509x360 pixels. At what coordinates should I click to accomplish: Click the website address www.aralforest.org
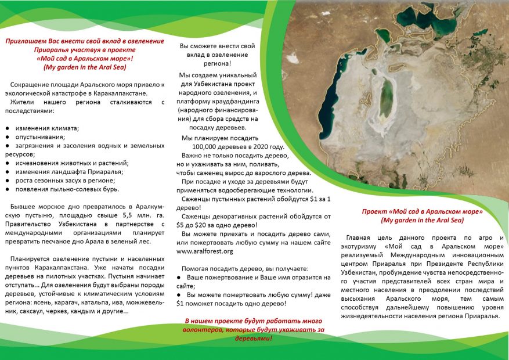pyautogui.click(x=204, y=251)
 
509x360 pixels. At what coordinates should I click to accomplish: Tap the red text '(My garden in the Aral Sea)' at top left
pyautogui.click(x=85, y=67)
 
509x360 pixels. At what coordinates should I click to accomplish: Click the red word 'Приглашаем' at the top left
pyautogui.click(x=28, y=41)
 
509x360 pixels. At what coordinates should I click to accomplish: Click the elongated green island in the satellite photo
pyautogui.click(x=386, y=99)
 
